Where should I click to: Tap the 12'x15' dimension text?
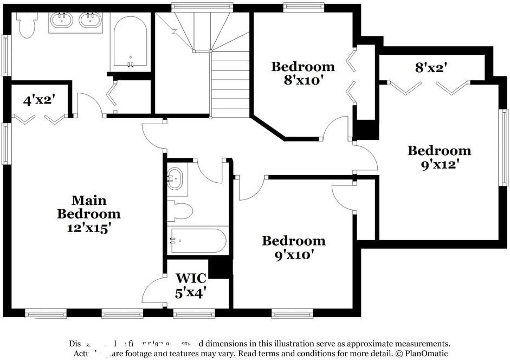coord(88,228)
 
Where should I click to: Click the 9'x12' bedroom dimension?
coord(439,164)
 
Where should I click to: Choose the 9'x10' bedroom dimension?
coord(293,254)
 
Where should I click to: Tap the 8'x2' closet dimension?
coord(431,68)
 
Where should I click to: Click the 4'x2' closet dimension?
coord(38,100)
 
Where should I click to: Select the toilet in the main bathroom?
coord(26,24)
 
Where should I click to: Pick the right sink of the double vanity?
coord(89,21)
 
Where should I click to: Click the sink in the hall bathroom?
coord(175,179)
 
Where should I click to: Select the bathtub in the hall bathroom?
coord(197,240)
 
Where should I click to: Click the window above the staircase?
coord(202,7)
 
